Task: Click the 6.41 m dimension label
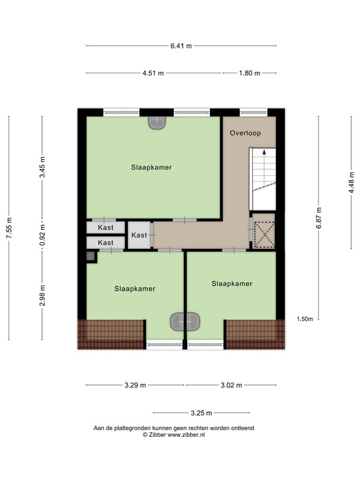coord(181,46)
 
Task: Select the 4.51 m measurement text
coord(153,73)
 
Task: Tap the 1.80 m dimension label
coord(250,73)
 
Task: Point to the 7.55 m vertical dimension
coord(9,228)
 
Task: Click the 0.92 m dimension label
coord(42,235)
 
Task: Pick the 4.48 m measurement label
coord(352,182)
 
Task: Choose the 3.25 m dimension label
coord(201,413)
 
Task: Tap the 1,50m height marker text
coord(305,319)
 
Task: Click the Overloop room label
coord(245,133)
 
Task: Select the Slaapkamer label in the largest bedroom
coord(152,167)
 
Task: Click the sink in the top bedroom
coord(157,122)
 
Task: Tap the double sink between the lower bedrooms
coord(185,322)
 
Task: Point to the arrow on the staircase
coord(264,152)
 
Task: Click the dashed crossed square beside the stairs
coord(265,235)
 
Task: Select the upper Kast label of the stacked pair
coord(106,227)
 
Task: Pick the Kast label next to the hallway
coord(139,235)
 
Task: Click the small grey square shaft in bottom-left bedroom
coord(91,256)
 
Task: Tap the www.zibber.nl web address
coord(186,434)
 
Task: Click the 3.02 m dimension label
coord(231,385)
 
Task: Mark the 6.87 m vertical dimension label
coord(319,218)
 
